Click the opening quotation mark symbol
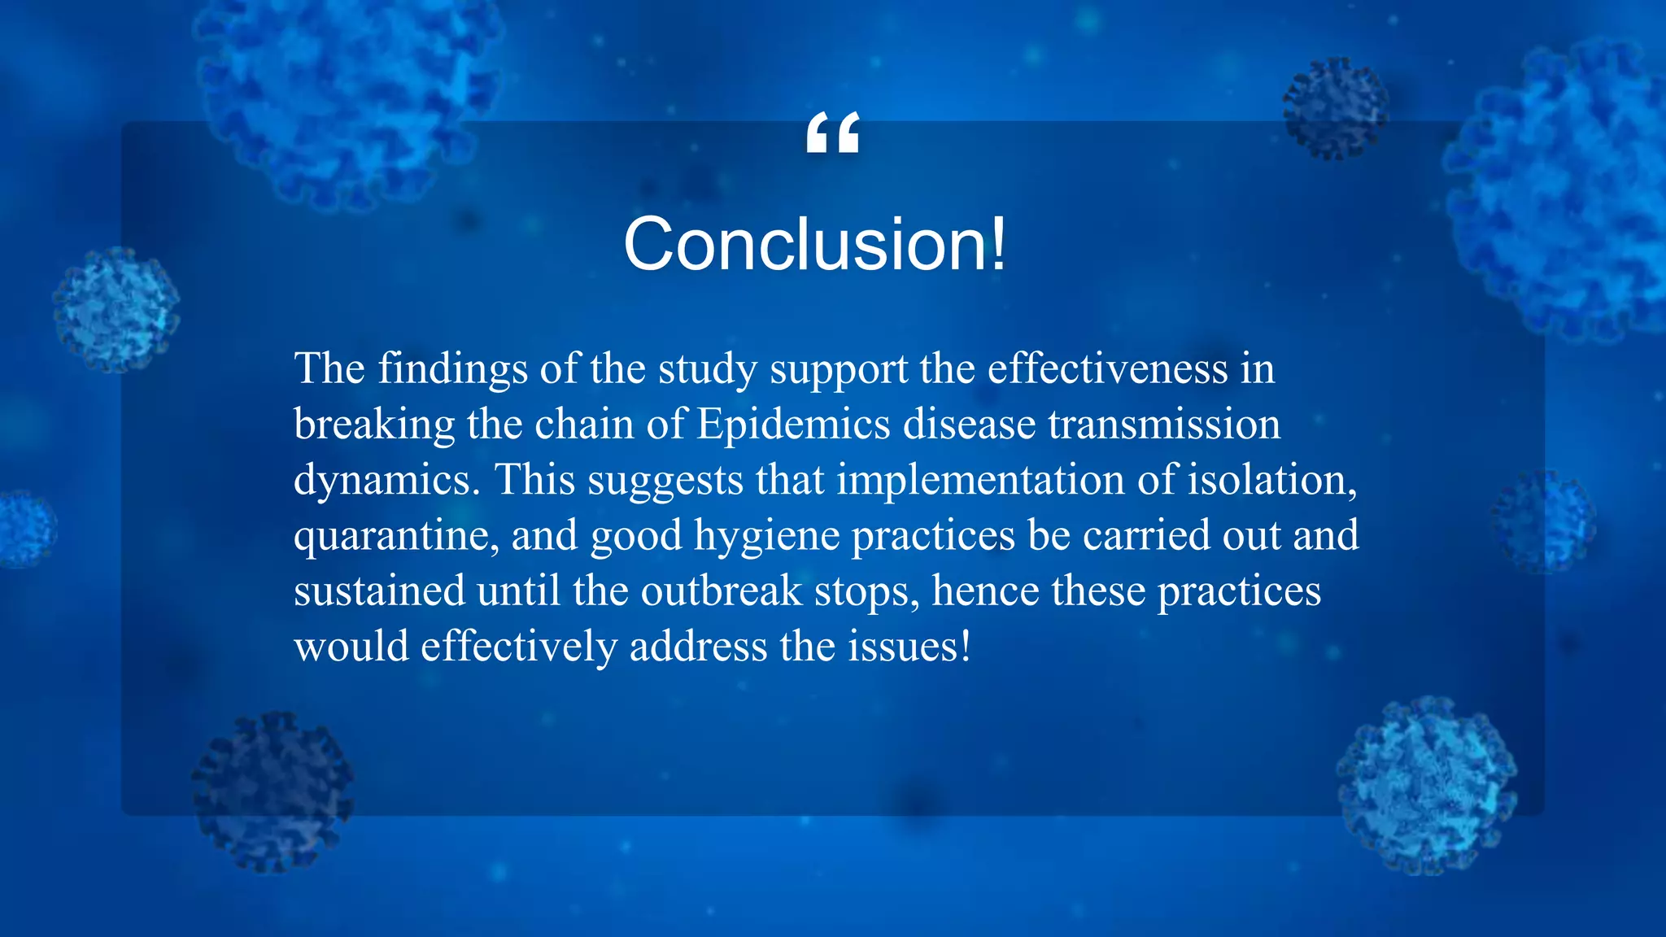click(832, 133)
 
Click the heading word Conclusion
click(805, 244)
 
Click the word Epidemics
click(794, 425)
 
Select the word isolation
click(1272, 480)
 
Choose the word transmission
click(1164, 425)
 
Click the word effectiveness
click(1107, 369)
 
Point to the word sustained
click(379, 591)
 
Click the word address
click(698, 647)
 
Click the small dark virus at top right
click(1335, 108)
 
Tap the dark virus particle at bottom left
click(273, 791)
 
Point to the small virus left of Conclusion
click(116, 310)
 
